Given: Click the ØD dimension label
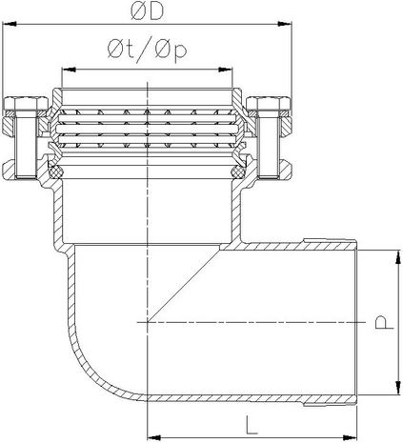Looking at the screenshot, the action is [x=147, y=12].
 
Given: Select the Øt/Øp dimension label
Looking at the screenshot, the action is [x=147, y=50].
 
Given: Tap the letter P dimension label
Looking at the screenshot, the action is [x=384, y=322].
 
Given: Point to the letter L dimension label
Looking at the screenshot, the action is [x=252, y=425].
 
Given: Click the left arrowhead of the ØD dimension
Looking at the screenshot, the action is [x=10, y=24].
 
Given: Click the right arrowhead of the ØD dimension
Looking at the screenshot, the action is [x=285, y=24].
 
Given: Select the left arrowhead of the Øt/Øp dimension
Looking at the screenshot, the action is [x=69, y=70].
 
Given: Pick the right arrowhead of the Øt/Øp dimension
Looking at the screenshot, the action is [x=226, y=70].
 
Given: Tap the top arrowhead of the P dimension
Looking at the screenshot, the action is [x=397, y=257].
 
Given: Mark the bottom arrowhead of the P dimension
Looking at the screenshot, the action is [x=397, y=388].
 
